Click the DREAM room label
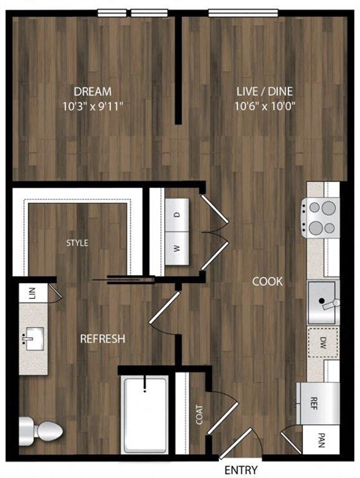click(x=93, y=91)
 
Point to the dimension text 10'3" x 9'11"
click(x=93, y=106)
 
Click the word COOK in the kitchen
click(x=267, y=282)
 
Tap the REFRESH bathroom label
click(x=102, y=339)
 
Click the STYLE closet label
click(x=77, y=243)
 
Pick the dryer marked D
click(x=178, y=214)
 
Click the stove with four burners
click(x=322, y=217)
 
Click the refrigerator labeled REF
click(x=316, y=401)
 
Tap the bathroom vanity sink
click(x=34, y=339)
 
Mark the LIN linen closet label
click(x=32, y=292)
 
